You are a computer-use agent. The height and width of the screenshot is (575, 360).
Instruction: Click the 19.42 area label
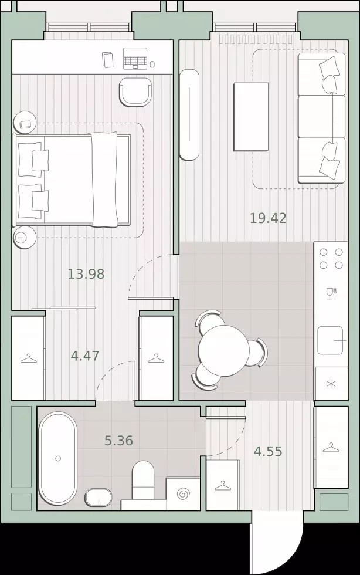(268, 218)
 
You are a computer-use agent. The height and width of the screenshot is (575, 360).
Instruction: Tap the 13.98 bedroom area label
(86, 274)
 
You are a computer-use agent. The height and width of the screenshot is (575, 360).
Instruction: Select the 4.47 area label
(85, 356)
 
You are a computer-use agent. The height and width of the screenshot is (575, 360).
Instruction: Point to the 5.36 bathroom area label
(118, 441)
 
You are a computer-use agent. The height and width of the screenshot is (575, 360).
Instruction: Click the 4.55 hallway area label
(268, 451)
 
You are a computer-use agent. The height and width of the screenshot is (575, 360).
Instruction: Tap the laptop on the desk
(135, 59)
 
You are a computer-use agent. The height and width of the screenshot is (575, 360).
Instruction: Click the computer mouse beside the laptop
(152, 65)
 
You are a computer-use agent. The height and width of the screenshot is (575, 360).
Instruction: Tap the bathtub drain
(58, 458)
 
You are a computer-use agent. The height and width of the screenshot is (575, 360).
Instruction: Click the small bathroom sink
(99, 498)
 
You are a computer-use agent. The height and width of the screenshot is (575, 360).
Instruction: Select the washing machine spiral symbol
(183, 494)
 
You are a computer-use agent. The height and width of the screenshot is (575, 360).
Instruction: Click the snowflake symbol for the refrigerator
(331, 384)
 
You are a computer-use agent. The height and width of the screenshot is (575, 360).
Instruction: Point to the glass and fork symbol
(331, 294)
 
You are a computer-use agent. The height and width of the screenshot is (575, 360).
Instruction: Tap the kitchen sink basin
(330, 341)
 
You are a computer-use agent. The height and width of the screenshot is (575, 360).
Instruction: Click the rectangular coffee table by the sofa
(251, 117)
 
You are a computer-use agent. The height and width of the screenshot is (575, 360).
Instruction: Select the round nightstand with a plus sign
(25, 238)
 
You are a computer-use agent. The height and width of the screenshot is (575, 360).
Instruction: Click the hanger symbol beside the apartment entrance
(222, 486)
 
